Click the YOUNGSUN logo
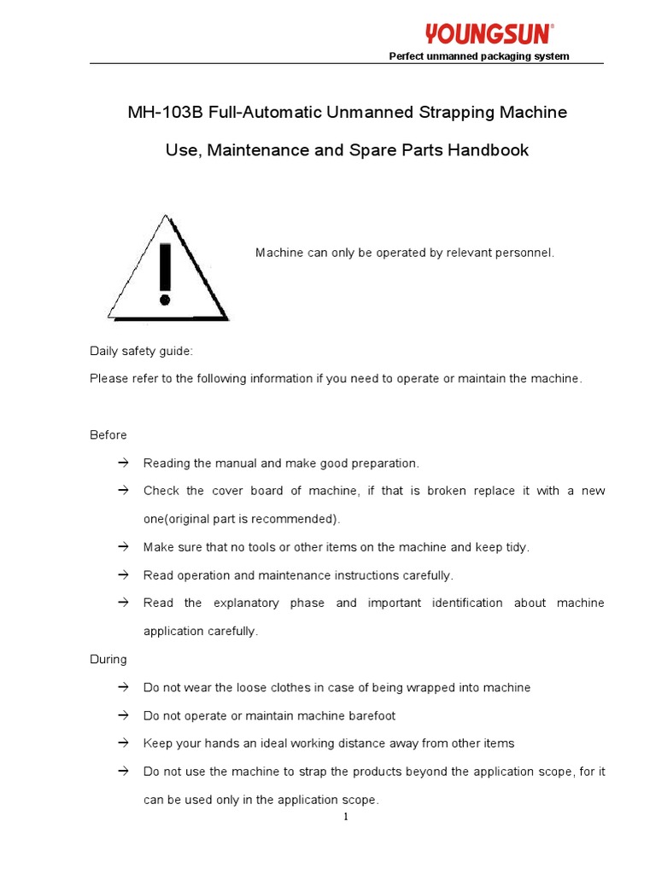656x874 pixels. coord(489,33)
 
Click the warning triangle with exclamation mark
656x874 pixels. coord(167,269)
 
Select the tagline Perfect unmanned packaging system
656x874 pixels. coord(479,57)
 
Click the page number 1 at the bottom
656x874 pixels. coord(346,817)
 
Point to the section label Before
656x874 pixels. coord(108,435)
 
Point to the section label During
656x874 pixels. coord(108,660)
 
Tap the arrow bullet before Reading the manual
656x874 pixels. coord(122,463)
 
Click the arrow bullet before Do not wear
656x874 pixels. coord(122,687)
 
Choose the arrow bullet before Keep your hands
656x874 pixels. coord(122,743)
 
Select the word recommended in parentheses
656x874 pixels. coord(300,519)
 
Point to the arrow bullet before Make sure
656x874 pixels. coord(122,546)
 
